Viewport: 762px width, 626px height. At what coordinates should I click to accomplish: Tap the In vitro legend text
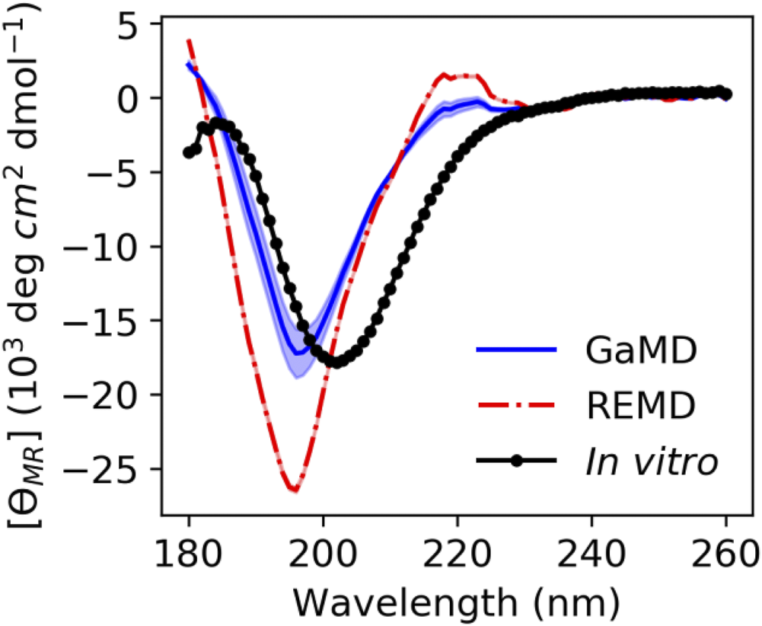coord(652,462)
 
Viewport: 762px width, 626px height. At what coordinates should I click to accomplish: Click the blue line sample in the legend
coord(517,351)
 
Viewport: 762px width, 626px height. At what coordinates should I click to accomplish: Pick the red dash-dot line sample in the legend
coord(517,406)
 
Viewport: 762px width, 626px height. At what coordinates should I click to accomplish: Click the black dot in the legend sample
coord(517,462)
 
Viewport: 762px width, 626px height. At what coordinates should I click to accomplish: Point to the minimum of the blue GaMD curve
coord(298,353)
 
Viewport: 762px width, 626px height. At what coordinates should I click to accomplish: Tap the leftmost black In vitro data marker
coord(188,152)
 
